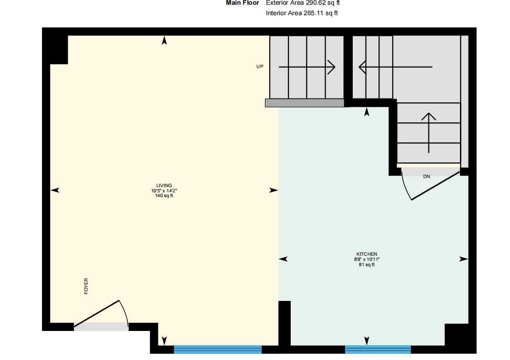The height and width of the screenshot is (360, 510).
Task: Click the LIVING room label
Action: point(164,185)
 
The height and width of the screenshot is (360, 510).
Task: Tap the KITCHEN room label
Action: point(367,254)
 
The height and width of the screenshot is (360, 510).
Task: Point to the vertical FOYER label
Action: point(86,286)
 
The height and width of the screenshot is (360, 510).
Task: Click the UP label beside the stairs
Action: point(260,67)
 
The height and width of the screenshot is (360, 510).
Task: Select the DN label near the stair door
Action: point(427,177)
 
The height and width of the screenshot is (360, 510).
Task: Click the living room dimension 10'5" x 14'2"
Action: point(164,190)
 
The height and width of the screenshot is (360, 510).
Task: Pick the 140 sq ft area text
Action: point(164,196)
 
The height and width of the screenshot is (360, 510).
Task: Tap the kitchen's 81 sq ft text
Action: point(367,265)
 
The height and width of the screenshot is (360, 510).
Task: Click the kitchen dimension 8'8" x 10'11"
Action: point(367,260)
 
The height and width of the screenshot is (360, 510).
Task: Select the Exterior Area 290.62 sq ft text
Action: point(303,3)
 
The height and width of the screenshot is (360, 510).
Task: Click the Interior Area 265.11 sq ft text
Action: point(302,13)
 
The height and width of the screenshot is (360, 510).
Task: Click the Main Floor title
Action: point(243,3)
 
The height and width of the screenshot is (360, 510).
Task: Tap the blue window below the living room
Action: point(218,350)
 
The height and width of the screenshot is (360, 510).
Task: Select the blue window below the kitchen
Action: point(377,350)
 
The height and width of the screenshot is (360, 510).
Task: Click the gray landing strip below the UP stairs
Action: point(304,103)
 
